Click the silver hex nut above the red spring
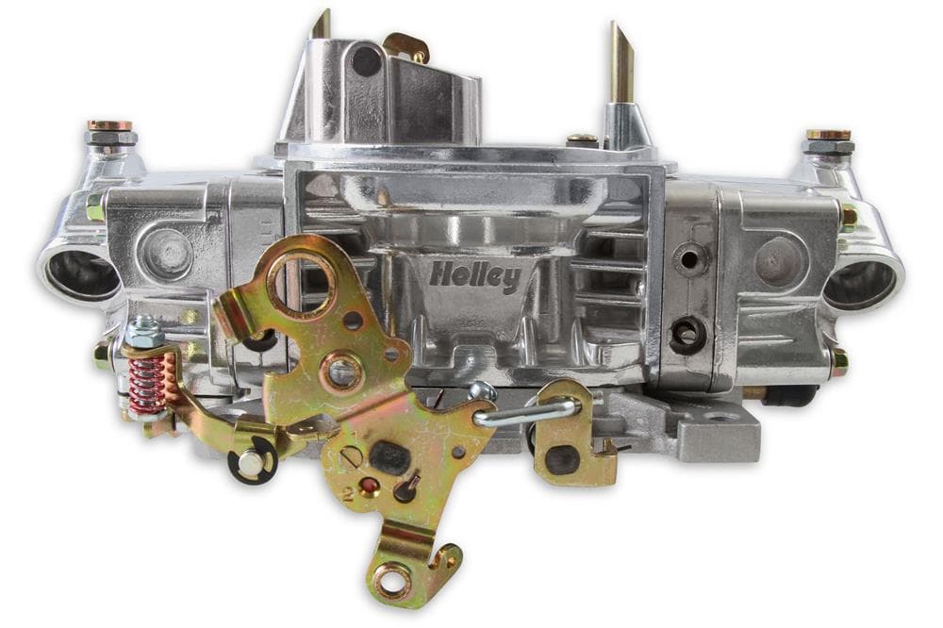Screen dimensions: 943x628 (x=144, y=331)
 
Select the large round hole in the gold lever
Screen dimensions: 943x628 (x=301, y=283)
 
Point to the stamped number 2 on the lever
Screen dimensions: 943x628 (x=347, y=494)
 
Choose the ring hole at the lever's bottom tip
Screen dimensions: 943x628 (x=394, y=580)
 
